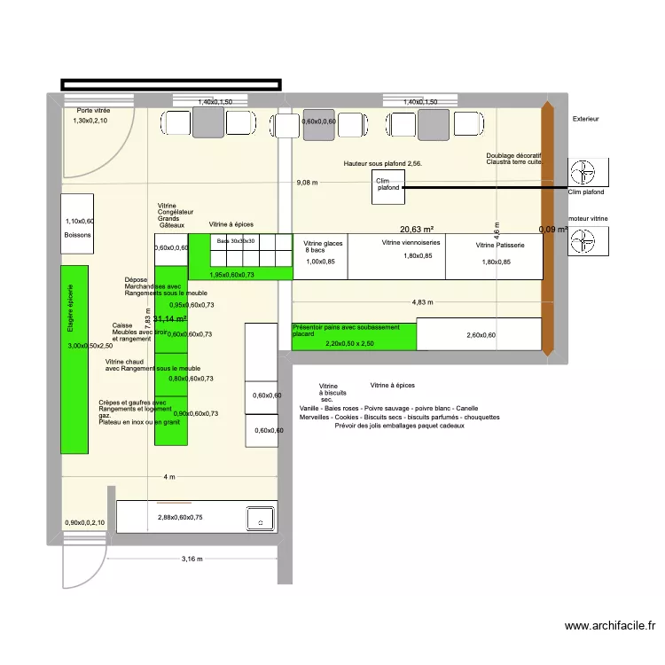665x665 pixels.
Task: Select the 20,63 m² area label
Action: click(416, 228)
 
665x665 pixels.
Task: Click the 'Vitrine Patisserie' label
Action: click(500, 245)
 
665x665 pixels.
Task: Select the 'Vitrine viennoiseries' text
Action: click(411, 242)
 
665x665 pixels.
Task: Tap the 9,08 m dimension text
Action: click(307, 184)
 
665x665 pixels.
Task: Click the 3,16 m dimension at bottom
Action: click(192, 559)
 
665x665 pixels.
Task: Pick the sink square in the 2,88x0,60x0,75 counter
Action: click(261, 519)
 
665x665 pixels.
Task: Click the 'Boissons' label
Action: click(77, 236)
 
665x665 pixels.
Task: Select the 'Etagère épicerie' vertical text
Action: click(71, 308)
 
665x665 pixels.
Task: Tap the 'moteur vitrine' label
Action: click(588, 217)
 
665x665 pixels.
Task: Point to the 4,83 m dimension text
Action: click(422, 302)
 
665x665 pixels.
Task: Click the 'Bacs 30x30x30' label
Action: click(236, 240)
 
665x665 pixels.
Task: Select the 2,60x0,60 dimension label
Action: click(481, 335)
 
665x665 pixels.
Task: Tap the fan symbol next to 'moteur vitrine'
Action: click(586, 240)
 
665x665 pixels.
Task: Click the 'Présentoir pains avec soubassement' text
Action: click(346, 327)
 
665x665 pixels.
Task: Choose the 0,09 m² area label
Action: click(552, 230)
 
